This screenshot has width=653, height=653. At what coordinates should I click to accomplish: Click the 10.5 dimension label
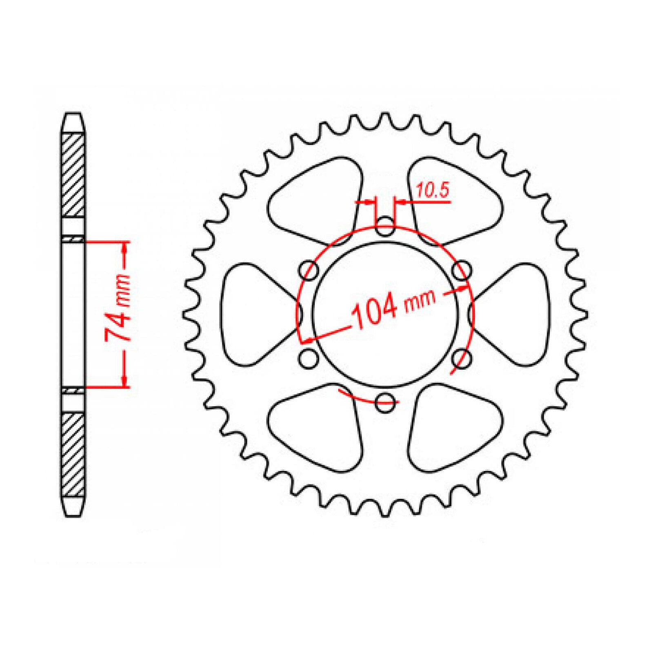coord(433,190)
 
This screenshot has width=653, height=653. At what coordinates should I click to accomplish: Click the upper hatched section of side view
coord(73,175)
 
